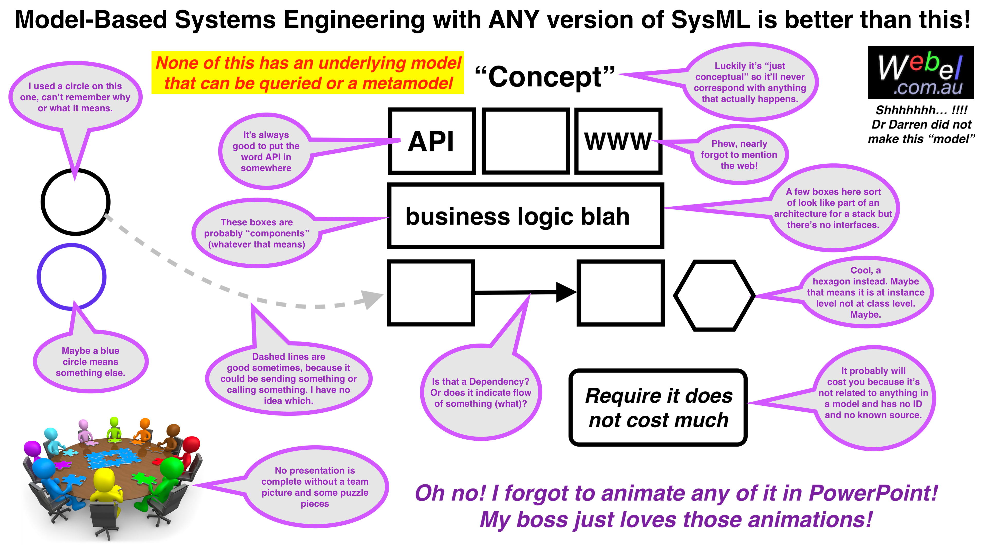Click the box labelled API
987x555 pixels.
coord(432,141)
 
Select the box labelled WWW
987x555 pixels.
coord(618,141)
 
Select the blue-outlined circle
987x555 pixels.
coord(72,276)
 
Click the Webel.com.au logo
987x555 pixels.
coord(920,73)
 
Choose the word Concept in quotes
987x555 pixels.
coord(545,77)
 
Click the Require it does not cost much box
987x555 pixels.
coord(658,408)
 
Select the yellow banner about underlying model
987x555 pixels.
coord(308,73)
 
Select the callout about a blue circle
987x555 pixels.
coord(90,362)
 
